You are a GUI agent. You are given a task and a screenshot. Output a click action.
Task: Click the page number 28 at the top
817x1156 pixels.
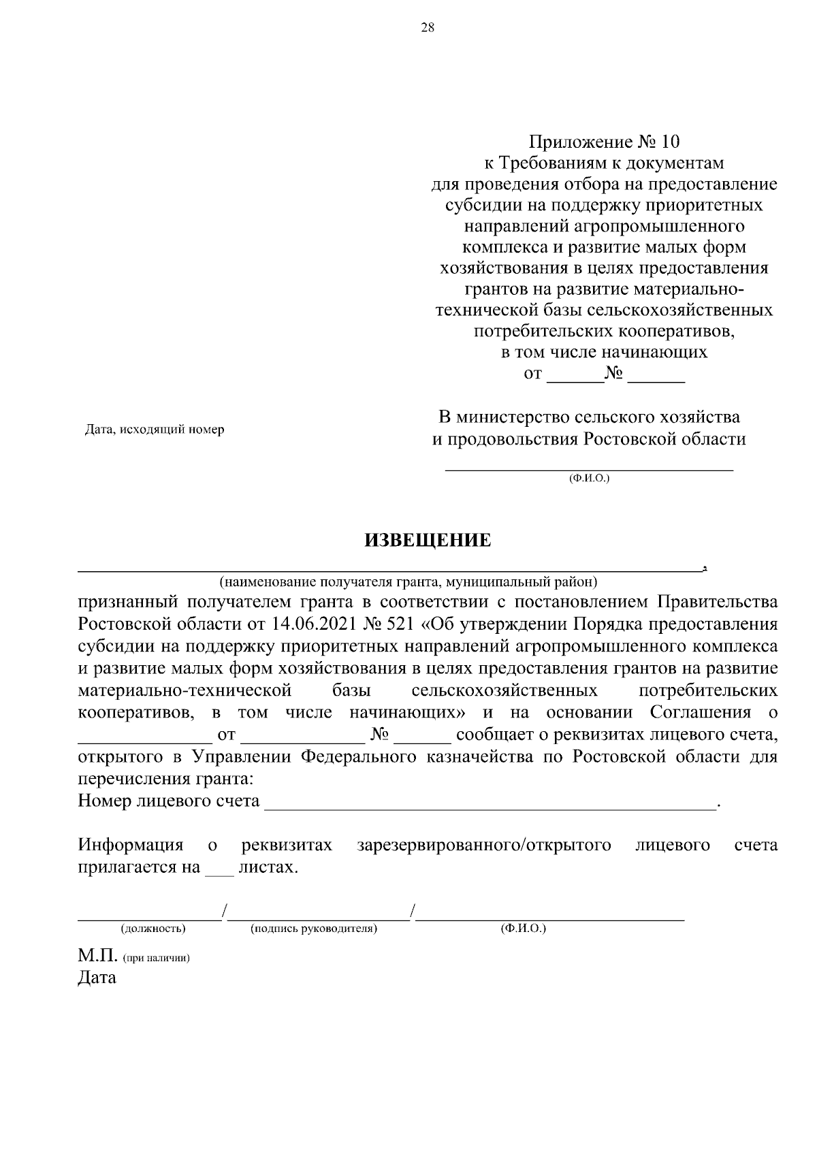(x=428, y=28)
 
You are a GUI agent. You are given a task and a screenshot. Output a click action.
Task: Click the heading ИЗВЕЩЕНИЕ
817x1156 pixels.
(x=428, y=541)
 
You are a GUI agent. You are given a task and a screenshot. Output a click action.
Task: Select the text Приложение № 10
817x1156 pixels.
(x=605, y=142)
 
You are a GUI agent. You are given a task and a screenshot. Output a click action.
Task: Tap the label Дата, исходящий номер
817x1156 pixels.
(x=154, y=430)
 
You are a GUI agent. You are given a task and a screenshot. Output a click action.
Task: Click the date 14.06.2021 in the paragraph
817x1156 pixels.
(x=319, y=624)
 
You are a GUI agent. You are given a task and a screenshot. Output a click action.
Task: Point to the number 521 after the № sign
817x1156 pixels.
(x=400, y=624)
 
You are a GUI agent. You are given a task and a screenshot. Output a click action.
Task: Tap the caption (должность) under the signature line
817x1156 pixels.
(x=153, y=929)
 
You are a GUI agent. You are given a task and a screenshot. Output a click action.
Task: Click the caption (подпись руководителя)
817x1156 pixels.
(x=314, y=929)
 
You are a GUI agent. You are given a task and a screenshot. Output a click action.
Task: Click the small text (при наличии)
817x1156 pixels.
(x=156, y=958)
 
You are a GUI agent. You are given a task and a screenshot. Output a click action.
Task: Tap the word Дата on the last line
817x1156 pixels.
(x=97, y=978)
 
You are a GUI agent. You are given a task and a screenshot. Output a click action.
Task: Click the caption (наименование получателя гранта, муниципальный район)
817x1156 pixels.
(x=407, y=582)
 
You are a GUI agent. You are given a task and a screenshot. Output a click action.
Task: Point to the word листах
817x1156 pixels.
(x=268, y=868)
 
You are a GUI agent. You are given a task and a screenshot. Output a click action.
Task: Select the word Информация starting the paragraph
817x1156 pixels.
(x=131, y=846)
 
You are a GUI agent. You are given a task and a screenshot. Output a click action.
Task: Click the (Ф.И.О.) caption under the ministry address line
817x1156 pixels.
(x=589, y=479)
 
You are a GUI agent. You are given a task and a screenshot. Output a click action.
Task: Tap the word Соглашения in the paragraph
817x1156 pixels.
(x=701, y=713)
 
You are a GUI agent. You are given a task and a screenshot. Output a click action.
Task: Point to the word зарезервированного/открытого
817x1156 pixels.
(x=483, y=846)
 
